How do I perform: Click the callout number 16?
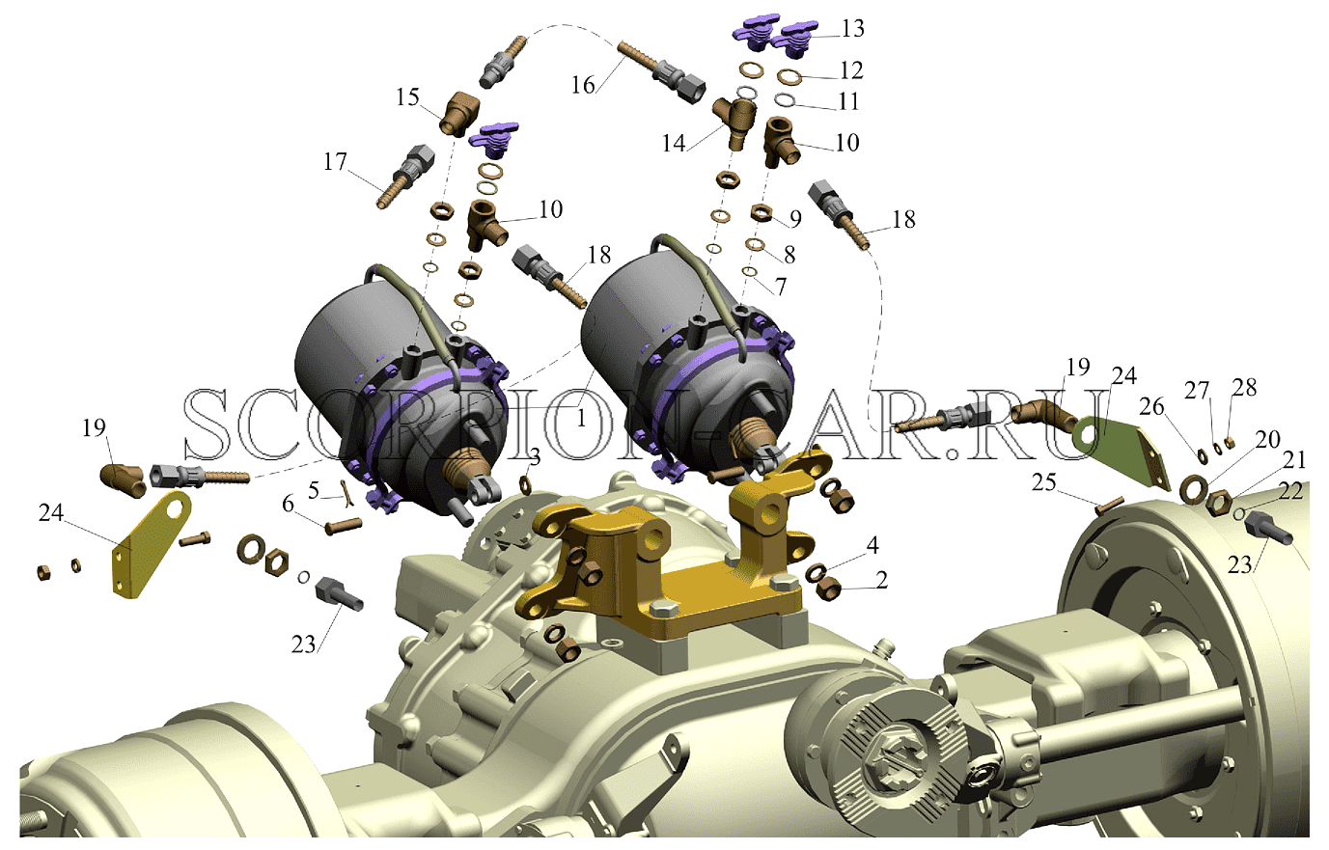coord(583,85)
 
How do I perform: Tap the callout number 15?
coord(407,97)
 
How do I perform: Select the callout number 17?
coord(335,161)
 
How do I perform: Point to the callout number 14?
coord(674,144)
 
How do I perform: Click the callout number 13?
coord(852,29)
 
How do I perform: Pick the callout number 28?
coord(1244,388)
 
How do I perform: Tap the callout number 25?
coord(1043,482)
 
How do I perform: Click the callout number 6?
coord(288,505)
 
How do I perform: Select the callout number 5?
coord(314,490)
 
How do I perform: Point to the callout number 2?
coord(881,580)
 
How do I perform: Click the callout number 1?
coord(581,419)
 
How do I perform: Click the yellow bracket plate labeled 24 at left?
coord(152,544)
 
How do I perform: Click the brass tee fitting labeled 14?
coord(734,123)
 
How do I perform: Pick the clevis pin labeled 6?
coord(344,525)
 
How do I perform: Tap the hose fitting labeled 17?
coord(405,176)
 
